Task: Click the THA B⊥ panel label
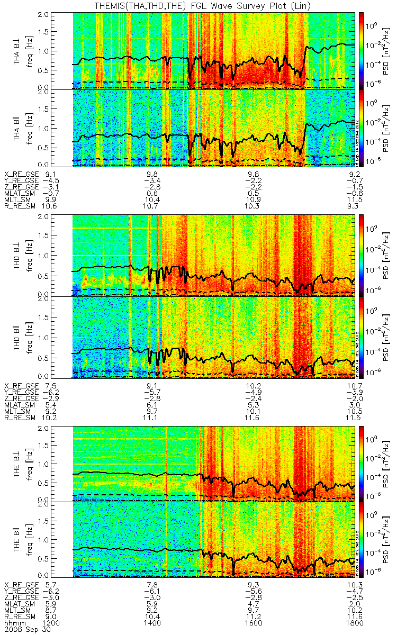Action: click(x=17, y=50)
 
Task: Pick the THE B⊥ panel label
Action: click(x=17, y=461)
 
